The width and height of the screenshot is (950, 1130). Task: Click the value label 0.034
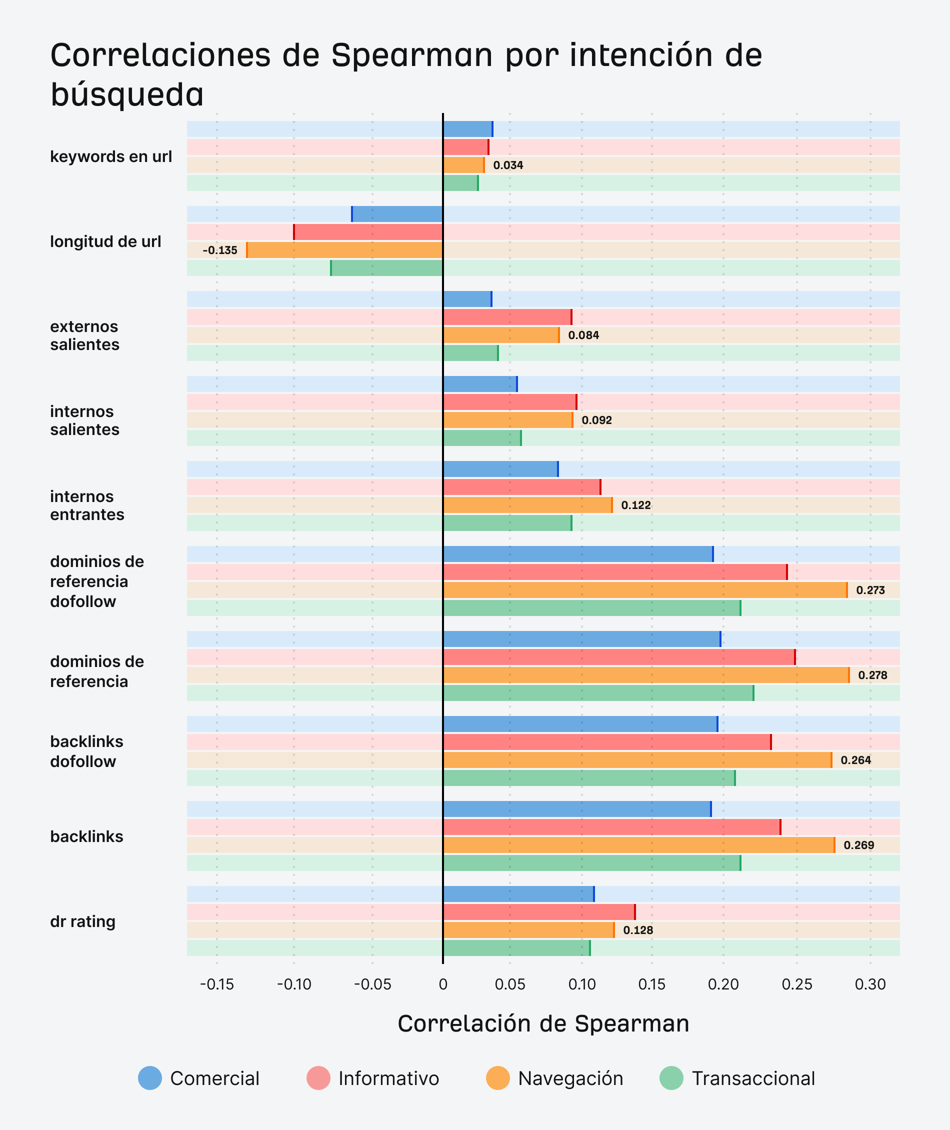(x=508, y=165)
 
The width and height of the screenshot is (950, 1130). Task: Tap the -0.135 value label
(x=219, y=250)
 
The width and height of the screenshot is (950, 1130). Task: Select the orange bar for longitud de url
(x=344, y=250)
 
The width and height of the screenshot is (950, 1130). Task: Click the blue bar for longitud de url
(x=397, y=214)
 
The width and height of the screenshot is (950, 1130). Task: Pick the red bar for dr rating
(x=538, y=912)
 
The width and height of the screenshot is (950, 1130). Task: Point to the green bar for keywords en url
(x=460, y=183)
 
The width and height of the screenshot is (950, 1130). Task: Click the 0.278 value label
(x=872, y=675)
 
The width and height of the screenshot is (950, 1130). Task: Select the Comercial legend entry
(x=199, y=1078)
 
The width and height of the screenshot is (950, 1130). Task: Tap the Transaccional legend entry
(x=738, y=1078)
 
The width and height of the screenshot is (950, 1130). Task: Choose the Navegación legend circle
(x=497, y=1078)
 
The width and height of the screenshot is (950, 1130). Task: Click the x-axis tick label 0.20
(x=723, y=984)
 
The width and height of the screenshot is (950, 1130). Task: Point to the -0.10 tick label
(x=294, y=984)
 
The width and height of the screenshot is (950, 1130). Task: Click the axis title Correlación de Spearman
(x=543, y=1023)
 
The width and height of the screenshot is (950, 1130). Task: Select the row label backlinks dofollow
(x=86, y=751)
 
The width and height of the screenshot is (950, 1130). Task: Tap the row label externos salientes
(x=84, y=335)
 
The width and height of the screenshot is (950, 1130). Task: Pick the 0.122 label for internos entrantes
(x=636, y=505)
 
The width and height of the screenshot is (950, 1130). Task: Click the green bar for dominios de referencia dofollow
(x=591, y=608)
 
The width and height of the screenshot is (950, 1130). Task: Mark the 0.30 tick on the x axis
(x=870, y=984)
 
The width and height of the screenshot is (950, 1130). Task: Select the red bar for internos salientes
(x=509, y=402)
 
